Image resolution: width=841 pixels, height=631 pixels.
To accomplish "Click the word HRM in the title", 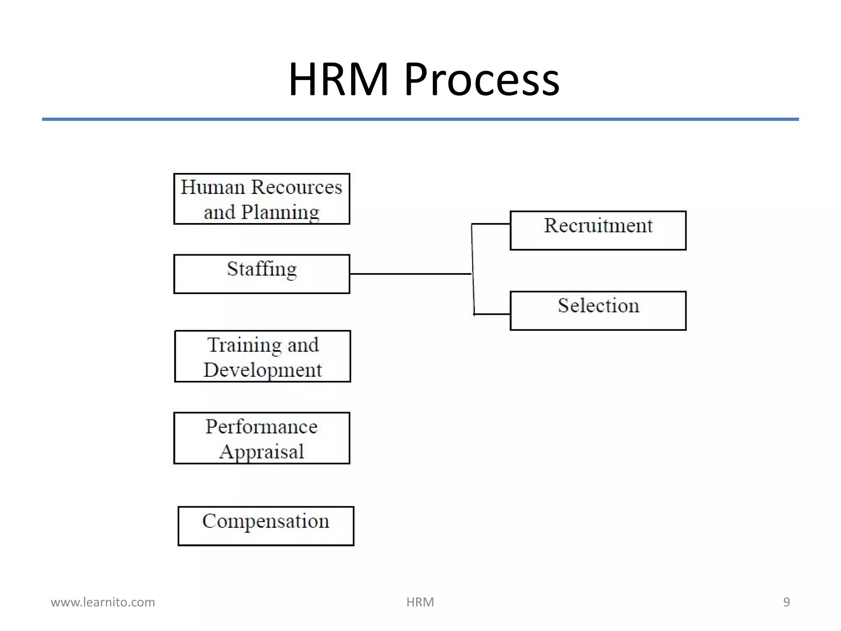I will [338, 79].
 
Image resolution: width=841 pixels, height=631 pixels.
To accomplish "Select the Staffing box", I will [262, 274].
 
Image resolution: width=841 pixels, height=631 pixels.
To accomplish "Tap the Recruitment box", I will [598, 230].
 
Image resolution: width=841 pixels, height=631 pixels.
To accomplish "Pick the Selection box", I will [598, 311].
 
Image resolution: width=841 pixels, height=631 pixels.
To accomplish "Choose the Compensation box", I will [266, 526].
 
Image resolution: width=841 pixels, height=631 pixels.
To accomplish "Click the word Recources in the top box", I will [296, 187].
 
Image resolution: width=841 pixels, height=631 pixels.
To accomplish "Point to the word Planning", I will [280, 213].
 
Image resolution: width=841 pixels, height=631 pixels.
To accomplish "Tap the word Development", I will [262, 370].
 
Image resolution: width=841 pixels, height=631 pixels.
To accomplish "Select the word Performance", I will [262, 427].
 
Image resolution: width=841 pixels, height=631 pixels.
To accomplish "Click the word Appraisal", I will [262, 452].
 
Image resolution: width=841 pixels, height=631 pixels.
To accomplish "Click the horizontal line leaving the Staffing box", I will [411, 274].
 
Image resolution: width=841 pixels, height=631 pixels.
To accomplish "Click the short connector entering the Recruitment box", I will [491, 224].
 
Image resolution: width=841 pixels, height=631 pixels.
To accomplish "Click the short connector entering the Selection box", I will [492, 314].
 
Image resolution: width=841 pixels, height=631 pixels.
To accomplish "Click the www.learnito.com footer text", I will [103, 602].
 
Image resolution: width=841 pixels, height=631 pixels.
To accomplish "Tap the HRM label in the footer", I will [420, 602].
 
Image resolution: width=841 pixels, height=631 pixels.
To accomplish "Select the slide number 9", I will [786, 602].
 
